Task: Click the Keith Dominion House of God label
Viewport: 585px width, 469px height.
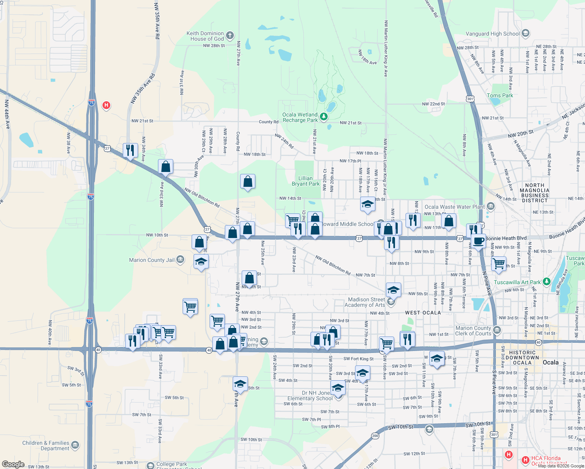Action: [x=205, y=36]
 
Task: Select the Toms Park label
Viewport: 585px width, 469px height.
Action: [x=500, y=95]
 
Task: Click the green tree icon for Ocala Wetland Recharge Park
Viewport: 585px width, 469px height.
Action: [x=323, y=116]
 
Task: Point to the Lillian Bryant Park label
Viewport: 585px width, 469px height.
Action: [x=305, y=181]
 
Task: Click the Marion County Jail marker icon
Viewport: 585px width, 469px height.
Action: [x=180, y=260]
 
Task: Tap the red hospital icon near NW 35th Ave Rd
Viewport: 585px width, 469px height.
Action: [x=106, y=105]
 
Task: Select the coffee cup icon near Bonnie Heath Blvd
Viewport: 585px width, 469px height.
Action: [x=478, y=241]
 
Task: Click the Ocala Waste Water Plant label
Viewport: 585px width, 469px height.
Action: [x=454, y=207]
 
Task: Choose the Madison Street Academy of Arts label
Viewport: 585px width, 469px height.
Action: [x=366, y=302]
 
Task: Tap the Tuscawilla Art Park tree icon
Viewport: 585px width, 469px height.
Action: [x=547, y=282]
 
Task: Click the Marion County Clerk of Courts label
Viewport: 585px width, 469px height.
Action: [x=473, y=331]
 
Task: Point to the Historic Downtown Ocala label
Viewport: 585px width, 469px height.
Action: [x=522, y=358]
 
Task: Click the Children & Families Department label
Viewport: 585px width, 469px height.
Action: [x=46, y=446]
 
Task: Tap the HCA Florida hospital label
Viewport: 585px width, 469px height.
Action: [x=546, y=458]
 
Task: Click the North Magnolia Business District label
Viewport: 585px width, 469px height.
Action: [x=535, y=193]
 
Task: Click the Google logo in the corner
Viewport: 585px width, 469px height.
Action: [x=13, y=464]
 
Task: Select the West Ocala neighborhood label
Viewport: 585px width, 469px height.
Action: [x=423, y=313]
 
